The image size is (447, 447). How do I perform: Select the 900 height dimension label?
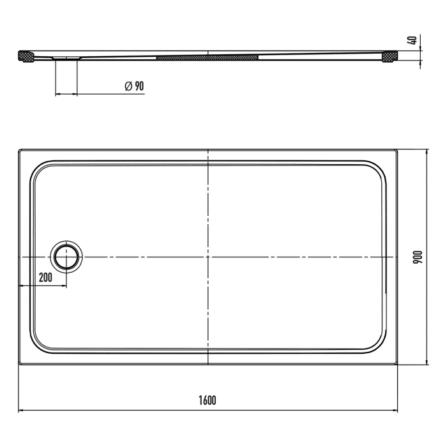click(x=418, y=257)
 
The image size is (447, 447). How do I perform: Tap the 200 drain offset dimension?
click(x=45, y=277)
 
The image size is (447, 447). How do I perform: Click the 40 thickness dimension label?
click(x=413, y=40)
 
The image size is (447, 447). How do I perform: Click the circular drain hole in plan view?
click(x=66, y=257)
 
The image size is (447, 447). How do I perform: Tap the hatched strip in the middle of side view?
click(x=208, y=57)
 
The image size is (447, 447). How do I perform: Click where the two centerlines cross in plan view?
click(x=208, y=257)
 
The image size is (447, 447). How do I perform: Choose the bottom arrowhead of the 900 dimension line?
click(x=427, y=361)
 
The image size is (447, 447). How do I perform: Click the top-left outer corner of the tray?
click(x=19, y=151)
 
